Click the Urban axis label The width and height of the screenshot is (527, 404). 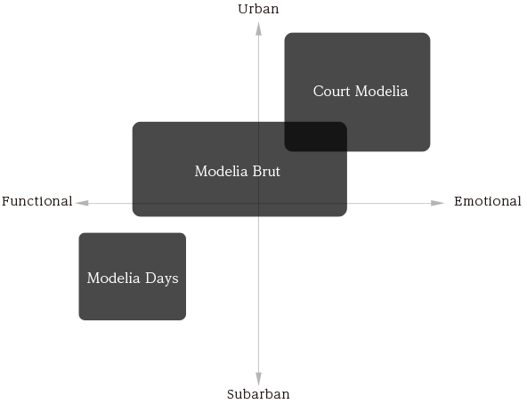(x=258, y=9)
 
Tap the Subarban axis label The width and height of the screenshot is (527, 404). (x=258, y=394)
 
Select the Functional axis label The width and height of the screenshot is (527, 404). (x=37, y=201)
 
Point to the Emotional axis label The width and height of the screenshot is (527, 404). (x=488, y=201)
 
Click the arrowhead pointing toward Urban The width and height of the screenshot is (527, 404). (x=258, y=28)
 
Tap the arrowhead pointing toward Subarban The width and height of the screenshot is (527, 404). (x=258, y=379)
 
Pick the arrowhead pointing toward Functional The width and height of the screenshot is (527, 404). (x=82, y=203)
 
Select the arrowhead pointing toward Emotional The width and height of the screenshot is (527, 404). (x=438, y=203)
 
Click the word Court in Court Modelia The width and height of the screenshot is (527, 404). (x=331, y=91)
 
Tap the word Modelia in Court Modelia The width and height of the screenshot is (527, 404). (x=382, y=91)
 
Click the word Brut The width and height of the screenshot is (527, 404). (x=266, y=171)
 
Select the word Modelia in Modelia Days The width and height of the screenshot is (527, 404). (x=114, y=278)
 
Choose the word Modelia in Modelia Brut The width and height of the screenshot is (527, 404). (x=221, y=171)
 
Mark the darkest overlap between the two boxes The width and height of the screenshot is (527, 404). (x=316, y=136)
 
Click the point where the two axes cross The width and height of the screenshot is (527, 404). (x=258, y=203)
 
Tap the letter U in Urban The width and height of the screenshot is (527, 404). (x=243, y=9)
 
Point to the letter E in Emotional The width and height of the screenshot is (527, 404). (x=458, y=201)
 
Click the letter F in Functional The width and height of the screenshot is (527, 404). (x=6, y=201)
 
